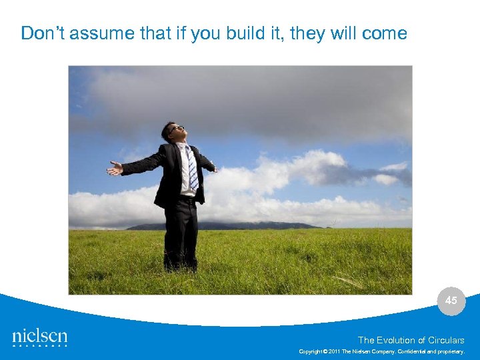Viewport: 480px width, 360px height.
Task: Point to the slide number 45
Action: point(451,301)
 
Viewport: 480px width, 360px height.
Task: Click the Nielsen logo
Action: point(40,337)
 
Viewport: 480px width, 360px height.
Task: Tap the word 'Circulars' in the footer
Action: point(447,340)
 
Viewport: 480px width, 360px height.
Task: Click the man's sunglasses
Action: point(175,127)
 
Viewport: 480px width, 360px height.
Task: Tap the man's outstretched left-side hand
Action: point(115,169)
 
